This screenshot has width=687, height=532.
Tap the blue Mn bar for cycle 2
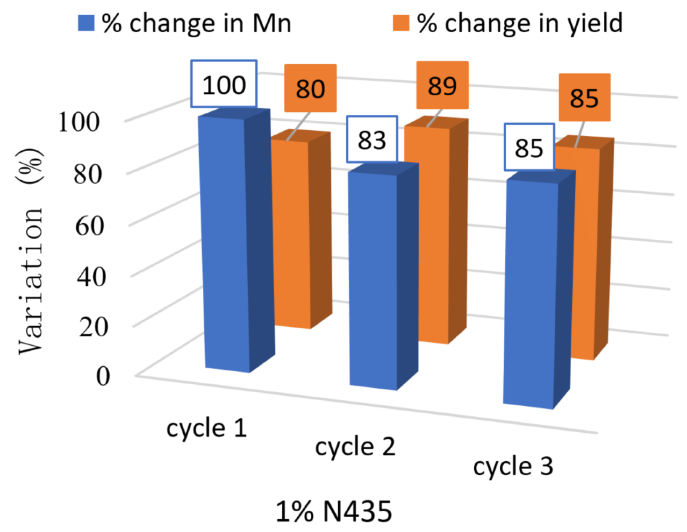pyautogui.click(x=373, y=278)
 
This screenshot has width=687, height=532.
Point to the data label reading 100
pyautogui.click(x=224, y=84)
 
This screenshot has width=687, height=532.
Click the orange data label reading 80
pyautogui.click(x=310, y=88)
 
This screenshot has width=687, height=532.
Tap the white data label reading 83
pyautogui.click(x=372, y=139)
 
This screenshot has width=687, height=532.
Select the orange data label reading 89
pyautogui.click(x=442, y=85)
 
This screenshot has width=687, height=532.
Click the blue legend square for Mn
pyautogui.click(x=86, y=23)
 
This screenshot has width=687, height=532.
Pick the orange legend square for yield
pyautogui.click(x=401, y=23)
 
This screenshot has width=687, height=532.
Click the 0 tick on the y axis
pyautogui.click(x=103, y=375)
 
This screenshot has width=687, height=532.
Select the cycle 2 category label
pyautogui.click(x=355, y=447)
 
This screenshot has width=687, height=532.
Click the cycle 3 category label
pyautogui.click(x=513, y=466)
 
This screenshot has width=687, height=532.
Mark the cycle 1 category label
pyautogui.click(x=207, y=428)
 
